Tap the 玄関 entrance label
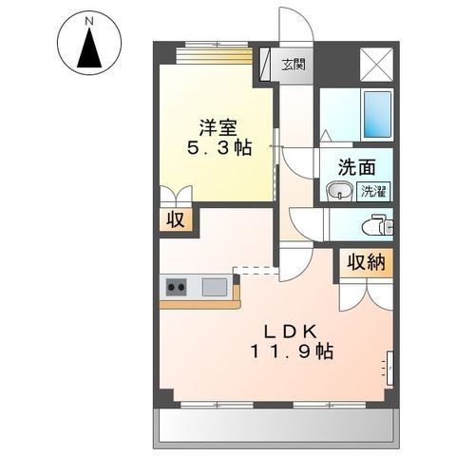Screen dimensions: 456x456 click(x=294, y=65)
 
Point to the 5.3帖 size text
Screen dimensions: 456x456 click(x=218, y=148)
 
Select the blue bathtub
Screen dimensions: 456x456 click(x=378, y=115)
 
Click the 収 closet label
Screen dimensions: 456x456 click(x=176, y=220)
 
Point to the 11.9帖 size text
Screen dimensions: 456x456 click(x=292, y=351)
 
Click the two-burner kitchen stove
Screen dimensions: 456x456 click(x=178, y=286)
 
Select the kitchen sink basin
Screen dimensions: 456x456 click(x=215, y=286)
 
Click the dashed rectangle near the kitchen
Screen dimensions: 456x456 click(x=255, y=271)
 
